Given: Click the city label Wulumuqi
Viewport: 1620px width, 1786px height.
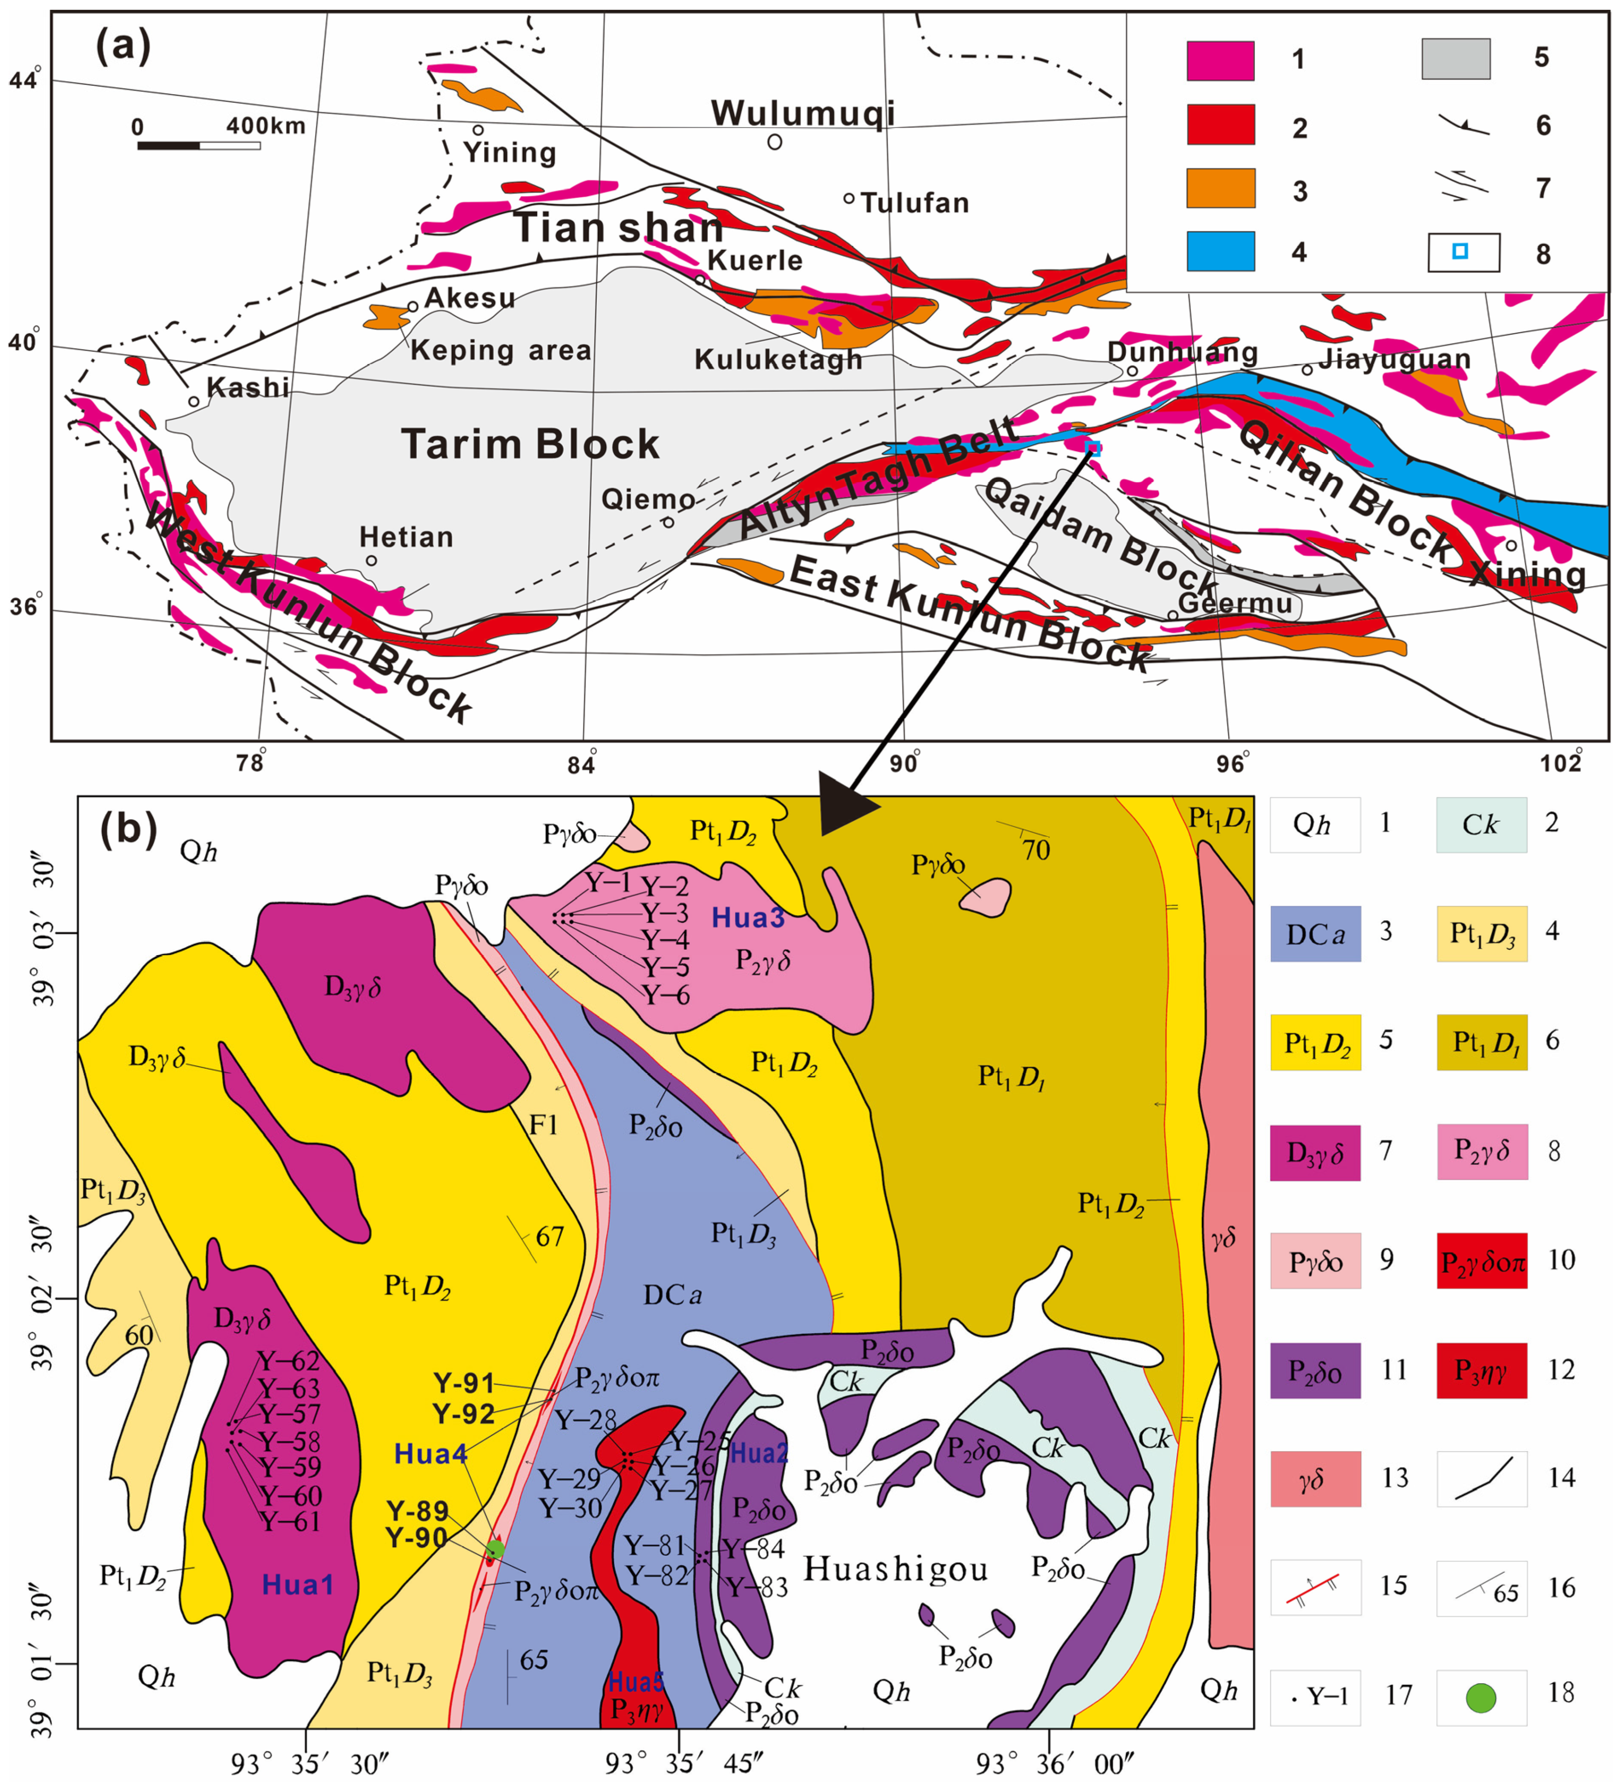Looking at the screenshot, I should click(802, 114).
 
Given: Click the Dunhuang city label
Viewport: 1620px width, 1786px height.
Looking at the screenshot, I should click(1182, 353).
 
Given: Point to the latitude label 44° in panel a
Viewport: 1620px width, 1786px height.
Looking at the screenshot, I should click(25, 80).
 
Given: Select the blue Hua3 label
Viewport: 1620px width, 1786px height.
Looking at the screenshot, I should click(749, 918).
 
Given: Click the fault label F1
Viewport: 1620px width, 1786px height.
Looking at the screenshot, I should click(543, 1125).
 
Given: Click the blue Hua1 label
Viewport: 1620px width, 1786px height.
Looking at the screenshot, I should click(298, 1584).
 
